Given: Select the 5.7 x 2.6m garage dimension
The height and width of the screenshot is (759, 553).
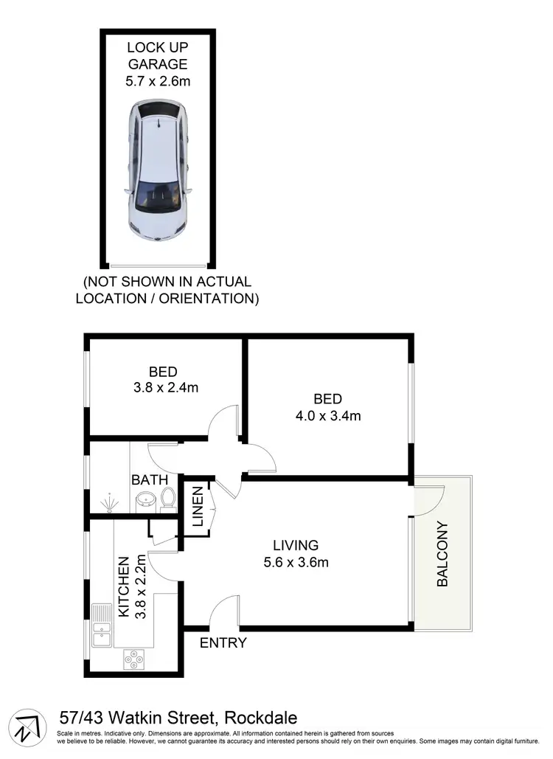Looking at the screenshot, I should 158,81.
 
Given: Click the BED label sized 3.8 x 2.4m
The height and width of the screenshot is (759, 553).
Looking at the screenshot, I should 162,372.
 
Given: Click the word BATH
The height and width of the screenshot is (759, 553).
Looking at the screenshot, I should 150,480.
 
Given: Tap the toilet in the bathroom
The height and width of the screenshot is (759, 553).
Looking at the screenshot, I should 168,498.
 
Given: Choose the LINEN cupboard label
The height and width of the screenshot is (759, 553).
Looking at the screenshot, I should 198,507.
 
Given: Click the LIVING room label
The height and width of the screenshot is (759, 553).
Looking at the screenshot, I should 296,546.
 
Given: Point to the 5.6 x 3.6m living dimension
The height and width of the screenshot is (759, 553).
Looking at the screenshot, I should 296,563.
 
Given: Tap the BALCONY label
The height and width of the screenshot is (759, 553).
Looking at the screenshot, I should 442,554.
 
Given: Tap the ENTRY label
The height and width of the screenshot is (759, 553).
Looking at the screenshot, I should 223,643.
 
